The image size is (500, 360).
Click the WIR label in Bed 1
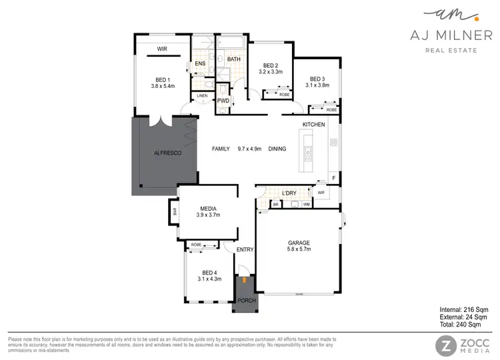162,49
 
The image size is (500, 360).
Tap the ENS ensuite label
199,64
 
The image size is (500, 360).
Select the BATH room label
233,59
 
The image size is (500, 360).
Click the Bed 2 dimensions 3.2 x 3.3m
270,71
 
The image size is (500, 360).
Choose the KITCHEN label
313,125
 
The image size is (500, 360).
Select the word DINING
277,149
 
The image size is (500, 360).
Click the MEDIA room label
208,207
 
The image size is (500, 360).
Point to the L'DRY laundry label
289,193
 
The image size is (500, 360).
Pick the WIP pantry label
321,193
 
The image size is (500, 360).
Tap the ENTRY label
245,249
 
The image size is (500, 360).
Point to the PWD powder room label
223,101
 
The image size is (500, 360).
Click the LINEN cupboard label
202,96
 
